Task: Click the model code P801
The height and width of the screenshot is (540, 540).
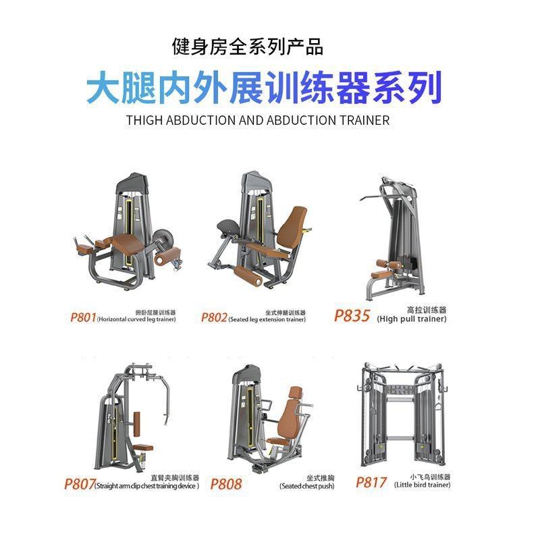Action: coord(82,317)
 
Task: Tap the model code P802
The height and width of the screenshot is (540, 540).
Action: coord(214,317)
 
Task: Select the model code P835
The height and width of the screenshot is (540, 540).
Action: coord(352,315)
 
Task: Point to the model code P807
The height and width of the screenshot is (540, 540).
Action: coord(79,483)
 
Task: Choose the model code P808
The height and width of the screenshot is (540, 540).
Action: coord(226,483)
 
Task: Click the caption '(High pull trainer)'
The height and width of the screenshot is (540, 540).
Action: coord(411,319)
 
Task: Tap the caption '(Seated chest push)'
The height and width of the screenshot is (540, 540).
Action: coord(306,486)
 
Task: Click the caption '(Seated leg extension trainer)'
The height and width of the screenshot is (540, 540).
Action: coord(267,320)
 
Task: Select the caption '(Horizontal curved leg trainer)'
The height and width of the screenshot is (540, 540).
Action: coord(136,319)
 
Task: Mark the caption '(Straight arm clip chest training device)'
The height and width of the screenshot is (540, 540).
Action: coord(146,486)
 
